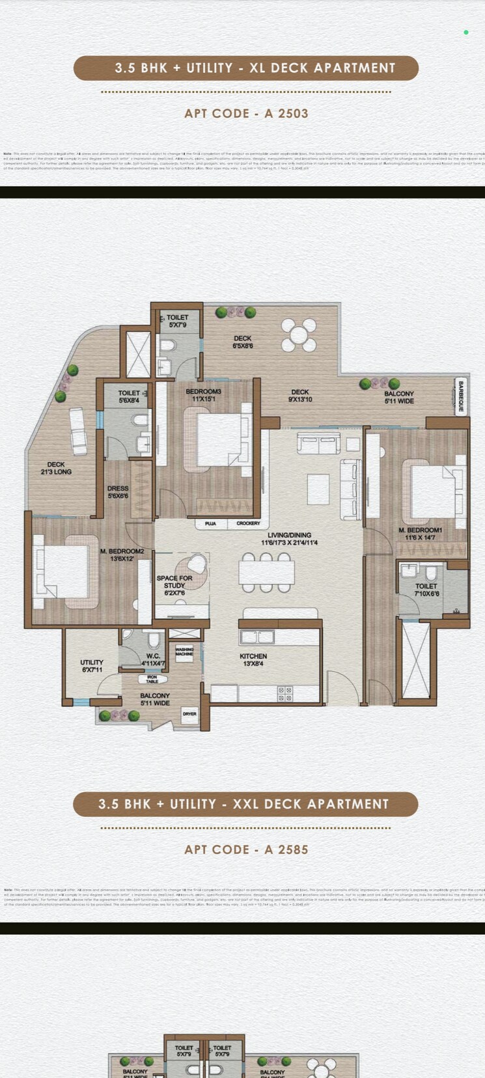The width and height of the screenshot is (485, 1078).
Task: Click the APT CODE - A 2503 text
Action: (246, 113)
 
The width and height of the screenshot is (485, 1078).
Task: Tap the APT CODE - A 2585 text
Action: (246, 850)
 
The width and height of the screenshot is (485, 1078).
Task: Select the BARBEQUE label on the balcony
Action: (461, 396)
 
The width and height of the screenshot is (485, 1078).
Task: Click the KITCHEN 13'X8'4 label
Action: (253, 659)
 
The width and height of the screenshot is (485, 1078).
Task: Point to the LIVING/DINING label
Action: (289, 538)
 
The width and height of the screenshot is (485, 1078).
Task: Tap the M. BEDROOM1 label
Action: (421, 534)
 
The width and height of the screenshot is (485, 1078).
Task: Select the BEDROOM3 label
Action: (204, 394)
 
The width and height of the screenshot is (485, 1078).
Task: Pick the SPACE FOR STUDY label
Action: (174, 585)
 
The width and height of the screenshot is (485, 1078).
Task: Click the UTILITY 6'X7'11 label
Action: (92, 665)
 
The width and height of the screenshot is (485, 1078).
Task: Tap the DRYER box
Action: (189, 714)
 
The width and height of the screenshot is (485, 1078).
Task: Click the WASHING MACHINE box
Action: (184, 652)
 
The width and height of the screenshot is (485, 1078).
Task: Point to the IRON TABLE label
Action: (152, 679)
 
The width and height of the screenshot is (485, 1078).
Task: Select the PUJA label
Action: (210, 523)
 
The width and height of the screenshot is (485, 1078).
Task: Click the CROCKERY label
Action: (248, 523)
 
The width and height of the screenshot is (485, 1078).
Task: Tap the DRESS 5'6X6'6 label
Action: (118, 491)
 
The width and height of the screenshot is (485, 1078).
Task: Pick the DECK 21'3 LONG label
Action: (56, 468)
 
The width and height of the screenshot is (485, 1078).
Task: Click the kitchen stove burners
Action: (285, 694)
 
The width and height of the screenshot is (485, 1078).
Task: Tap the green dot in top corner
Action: (466, 32)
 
